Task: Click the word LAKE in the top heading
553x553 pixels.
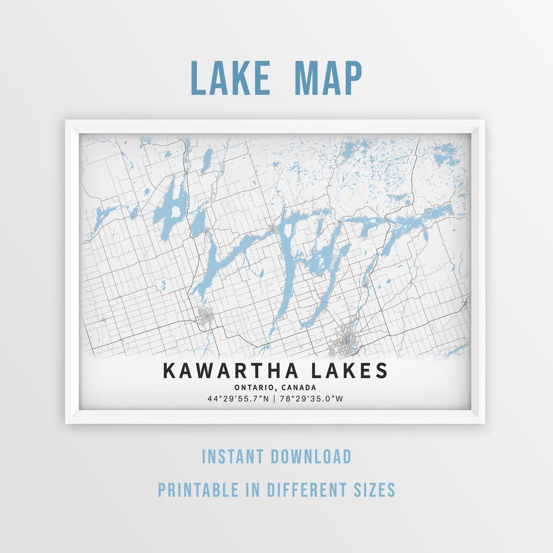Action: tap(230, 78)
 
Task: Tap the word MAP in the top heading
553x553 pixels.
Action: tap(328, 78)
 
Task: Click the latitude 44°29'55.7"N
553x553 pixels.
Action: tap(238, 398)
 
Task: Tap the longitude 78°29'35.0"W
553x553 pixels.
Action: tap(311, 398)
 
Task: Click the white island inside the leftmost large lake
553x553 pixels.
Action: tap(176, 210)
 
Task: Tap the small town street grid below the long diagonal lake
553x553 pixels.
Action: tap(206, 317)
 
